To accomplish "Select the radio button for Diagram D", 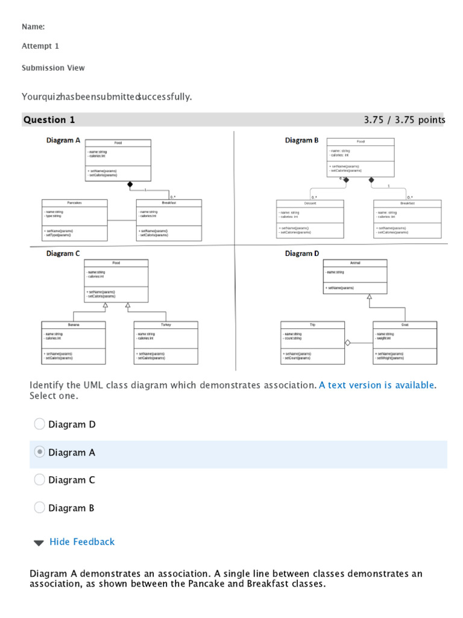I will [40, 424].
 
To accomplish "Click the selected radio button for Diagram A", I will [40, 452].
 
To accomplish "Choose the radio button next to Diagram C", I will [40, 480].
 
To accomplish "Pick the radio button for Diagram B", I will [40, 508].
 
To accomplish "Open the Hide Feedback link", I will [81, 542].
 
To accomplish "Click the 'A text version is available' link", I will [376, 385].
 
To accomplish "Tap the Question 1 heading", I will [49, 119].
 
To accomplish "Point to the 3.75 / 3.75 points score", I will [404, 119].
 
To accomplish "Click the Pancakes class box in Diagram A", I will [75, 220].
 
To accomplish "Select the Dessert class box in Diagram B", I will [310, 218].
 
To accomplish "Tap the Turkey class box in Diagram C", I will [166, 342].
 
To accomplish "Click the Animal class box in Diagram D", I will [355, 276].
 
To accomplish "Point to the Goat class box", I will [405, 342].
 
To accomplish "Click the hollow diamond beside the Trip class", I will [347, 343].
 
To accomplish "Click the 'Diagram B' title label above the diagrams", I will [302, 141].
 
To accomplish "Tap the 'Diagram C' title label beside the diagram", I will [63, 253].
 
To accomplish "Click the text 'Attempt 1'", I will [40, 46].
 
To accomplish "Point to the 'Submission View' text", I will [53, 68].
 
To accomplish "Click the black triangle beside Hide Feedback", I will [39, 543].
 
